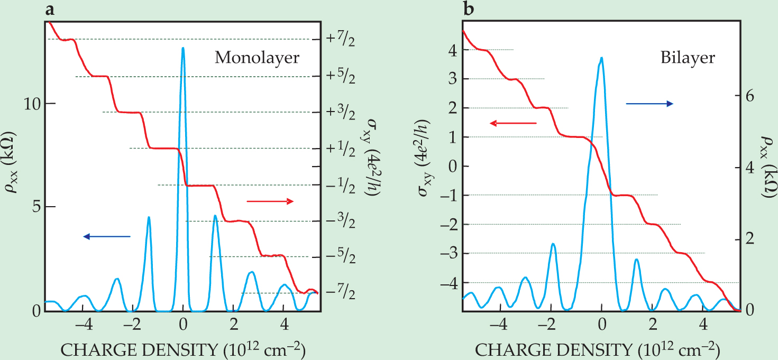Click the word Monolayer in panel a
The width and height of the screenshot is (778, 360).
pyautogui.click(x=257, y=58)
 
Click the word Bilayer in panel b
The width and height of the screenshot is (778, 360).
pyautogui.click(x=688, y=58)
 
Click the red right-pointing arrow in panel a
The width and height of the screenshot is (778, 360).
pyautogui.click(x=270, y=201)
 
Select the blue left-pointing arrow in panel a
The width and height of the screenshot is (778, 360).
pyautogui.click(x=106, y=237)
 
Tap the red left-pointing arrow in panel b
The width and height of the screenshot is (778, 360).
pyautogui.click(x=512, y=124)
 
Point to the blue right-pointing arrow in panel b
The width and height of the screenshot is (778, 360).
pyautogui.click(x=649, y=104)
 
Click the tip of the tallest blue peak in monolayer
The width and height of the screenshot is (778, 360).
pyautogui.click(x=182, y=48)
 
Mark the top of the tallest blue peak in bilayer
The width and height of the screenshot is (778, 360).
pyautogui.click(x=601, y=58)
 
